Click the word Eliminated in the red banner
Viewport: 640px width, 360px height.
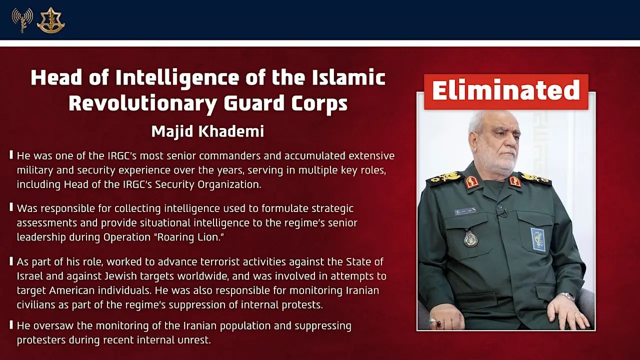pyautogui.click(x=505, y=90)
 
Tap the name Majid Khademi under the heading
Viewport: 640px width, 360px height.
pyautogui.click(x=207, y=131)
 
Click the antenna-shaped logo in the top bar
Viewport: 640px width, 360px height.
pyautogui.click(x=22, y=20)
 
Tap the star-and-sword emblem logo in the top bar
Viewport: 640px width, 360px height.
pyautogui.click(x=50, y=20)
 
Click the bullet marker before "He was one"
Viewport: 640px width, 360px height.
pyautogui.click(x=11, y=155)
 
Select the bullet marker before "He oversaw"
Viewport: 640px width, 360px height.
pyautogui.click(x=11, y=325)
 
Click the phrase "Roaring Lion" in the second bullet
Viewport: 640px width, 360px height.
pyautogui.click(x=190, y=237)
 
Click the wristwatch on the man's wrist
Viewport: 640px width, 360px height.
pyautogui.click(x=566, y=296)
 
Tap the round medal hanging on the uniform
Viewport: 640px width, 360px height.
pyautogui.click(x=470, y=238)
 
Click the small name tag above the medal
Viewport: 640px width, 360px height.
pyautogui.click(x=464, y=211)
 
